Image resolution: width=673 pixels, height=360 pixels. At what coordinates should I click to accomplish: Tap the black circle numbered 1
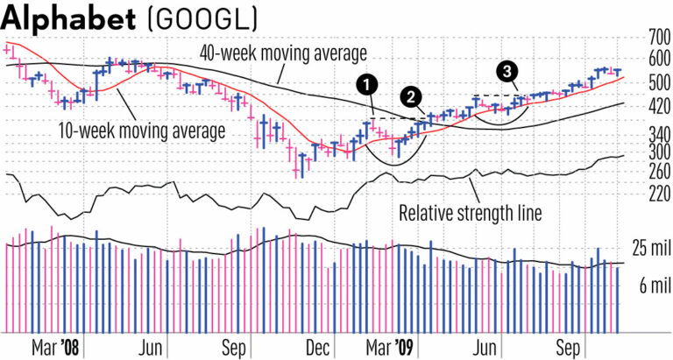368,84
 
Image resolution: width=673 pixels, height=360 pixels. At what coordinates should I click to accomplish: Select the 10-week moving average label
138,131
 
